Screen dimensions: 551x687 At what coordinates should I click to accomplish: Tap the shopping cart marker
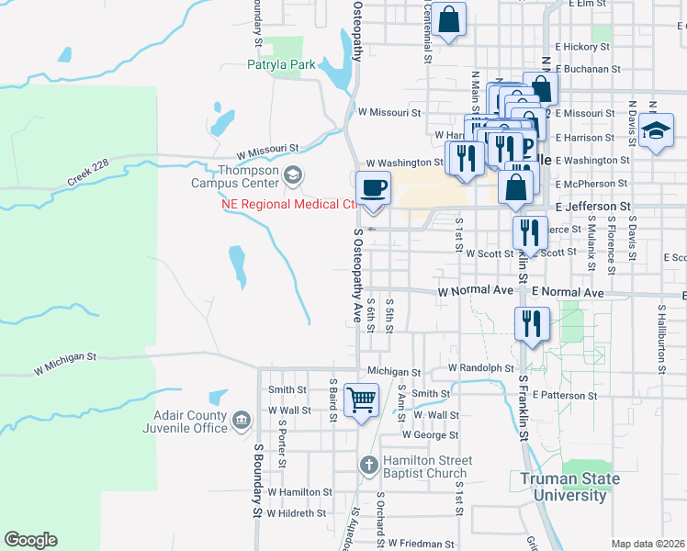[x=361, y=399]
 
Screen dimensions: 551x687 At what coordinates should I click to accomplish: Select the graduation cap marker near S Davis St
[x=657, y=131]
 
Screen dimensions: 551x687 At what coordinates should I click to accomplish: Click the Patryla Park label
[x=281, y=64]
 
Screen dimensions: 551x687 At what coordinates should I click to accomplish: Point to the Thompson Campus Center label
[x=249, y=176]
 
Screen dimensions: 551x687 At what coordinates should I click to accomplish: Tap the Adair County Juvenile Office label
[x=185, y=421]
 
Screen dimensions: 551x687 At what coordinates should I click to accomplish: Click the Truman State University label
[x=569, y=487]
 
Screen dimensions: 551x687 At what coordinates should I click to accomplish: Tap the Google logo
[x=30, y=540]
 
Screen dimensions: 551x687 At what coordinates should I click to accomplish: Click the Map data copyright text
[x=648, y=544]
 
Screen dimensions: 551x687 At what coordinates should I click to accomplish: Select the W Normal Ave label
[x=475, y=291]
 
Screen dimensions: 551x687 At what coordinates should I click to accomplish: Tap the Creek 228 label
[x=87, y=172]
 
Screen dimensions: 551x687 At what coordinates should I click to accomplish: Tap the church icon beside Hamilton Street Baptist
[x=368, y=466]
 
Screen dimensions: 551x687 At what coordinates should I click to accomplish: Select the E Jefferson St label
[x=593, y=208]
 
